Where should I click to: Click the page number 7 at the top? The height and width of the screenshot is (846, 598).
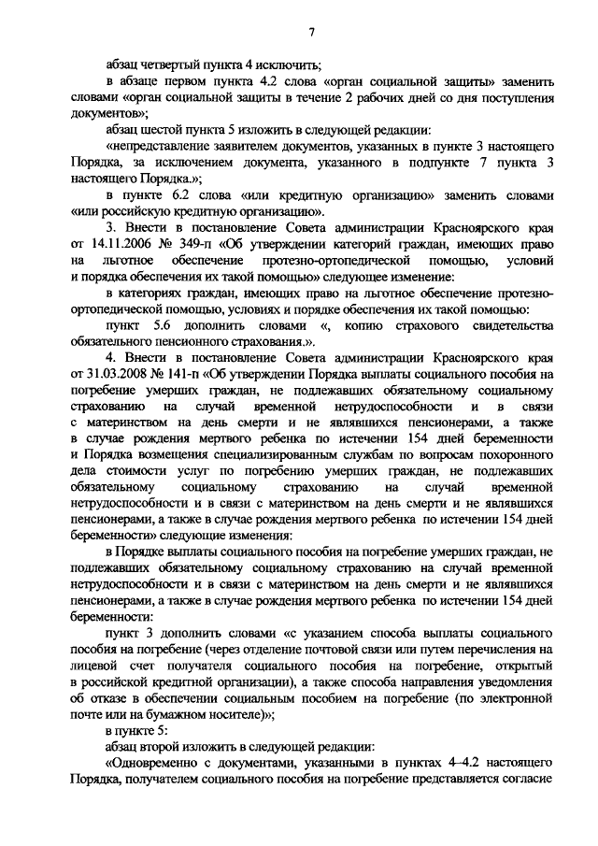[311, 34]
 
